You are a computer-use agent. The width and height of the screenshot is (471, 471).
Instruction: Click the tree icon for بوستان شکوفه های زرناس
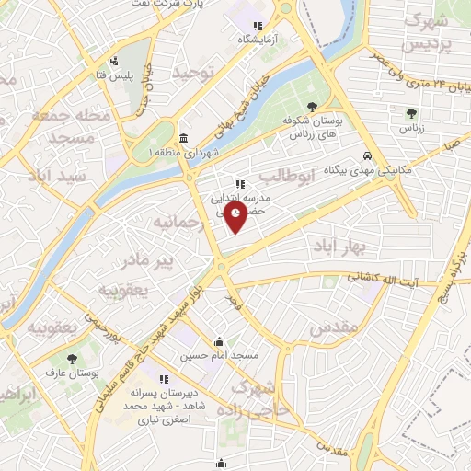(x=315, y=107)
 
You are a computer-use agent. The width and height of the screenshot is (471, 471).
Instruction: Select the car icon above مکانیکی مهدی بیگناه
(x=367, y=155)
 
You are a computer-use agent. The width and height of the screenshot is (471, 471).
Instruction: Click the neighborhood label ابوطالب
(x=288, y=174)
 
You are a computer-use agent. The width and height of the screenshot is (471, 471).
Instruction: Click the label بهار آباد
(x=339, y=247)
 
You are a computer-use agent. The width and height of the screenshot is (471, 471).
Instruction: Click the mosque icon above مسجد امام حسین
(x=219, y=340)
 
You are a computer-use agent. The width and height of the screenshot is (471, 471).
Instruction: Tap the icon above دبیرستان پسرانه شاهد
(x=165, y=378)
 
